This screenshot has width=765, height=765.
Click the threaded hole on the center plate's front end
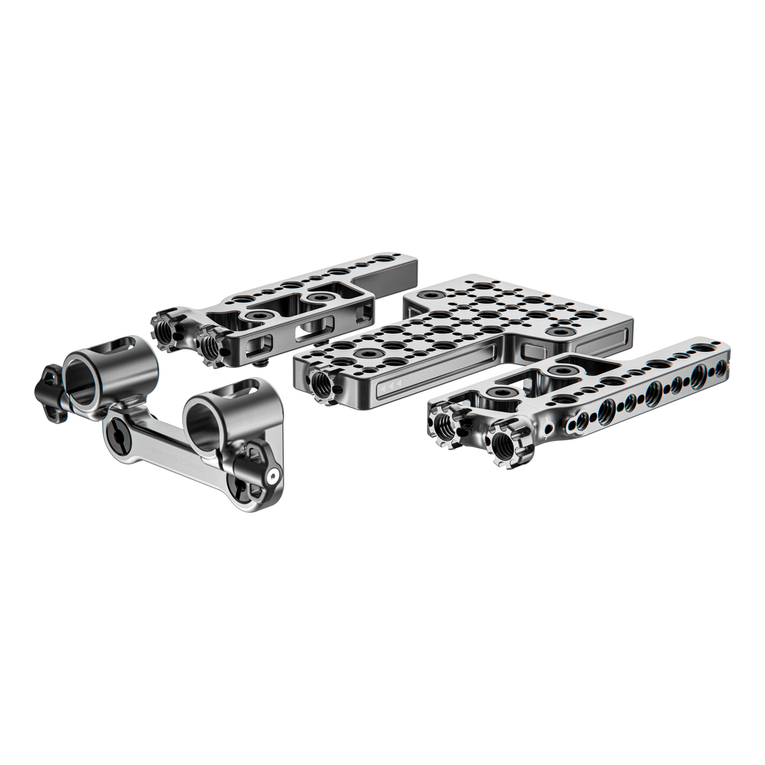[x=321, y=380]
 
